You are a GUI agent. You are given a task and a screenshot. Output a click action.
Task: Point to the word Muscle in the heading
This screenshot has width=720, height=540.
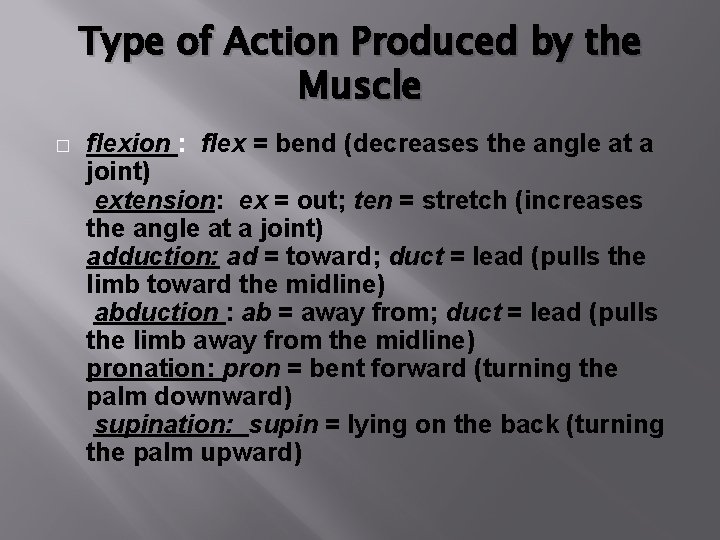359,91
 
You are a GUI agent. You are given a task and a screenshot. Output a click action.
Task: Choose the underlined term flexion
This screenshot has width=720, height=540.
128,145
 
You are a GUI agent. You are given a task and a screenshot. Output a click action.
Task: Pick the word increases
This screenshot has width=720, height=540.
581,201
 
